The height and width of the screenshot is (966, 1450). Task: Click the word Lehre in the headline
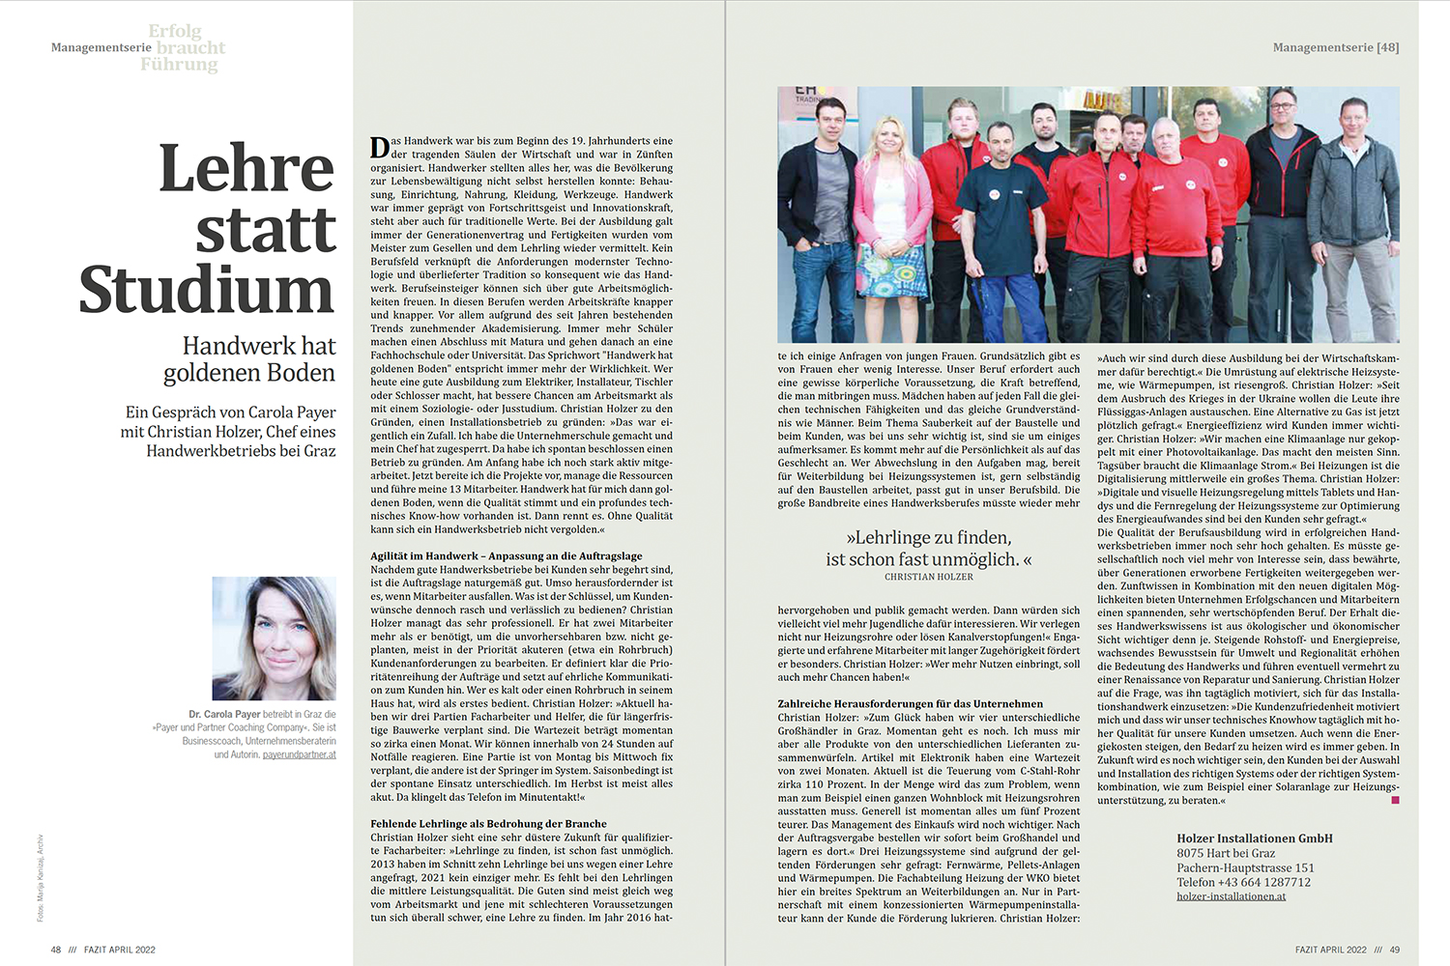pos(246,169)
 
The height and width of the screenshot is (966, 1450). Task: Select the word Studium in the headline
pos(207,290)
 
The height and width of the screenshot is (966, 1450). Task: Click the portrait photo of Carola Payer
pos(274,638)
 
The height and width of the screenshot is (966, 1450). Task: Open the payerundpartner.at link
pos(299,754)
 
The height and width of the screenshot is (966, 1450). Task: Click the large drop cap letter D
pos(379,147)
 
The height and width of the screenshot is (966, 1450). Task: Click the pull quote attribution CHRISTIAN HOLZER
pos(928,577)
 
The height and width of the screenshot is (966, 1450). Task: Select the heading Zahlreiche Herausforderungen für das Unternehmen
pos(910,704)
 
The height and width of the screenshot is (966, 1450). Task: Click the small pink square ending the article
pos(1395,800)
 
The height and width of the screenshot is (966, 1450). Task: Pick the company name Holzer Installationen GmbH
pos(1254,838)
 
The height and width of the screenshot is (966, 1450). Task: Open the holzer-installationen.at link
pos(1231,896)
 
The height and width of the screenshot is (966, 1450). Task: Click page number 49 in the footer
pos(1394,950)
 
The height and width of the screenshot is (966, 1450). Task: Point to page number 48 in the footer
pos(56,950)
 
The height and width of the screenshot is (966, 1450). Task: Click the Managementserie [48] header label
pos(1335,47)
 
